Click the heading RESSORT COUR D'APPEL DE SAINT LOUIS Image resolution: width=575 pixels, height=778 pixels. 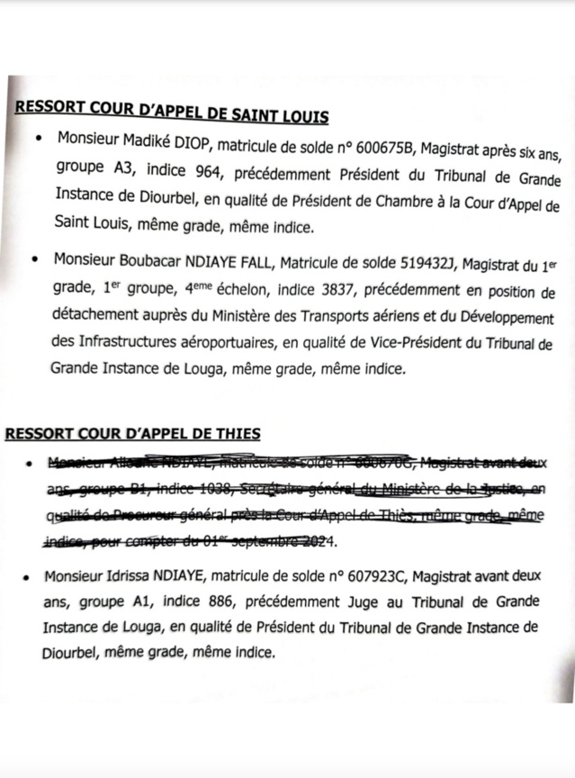click(171, 114)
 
